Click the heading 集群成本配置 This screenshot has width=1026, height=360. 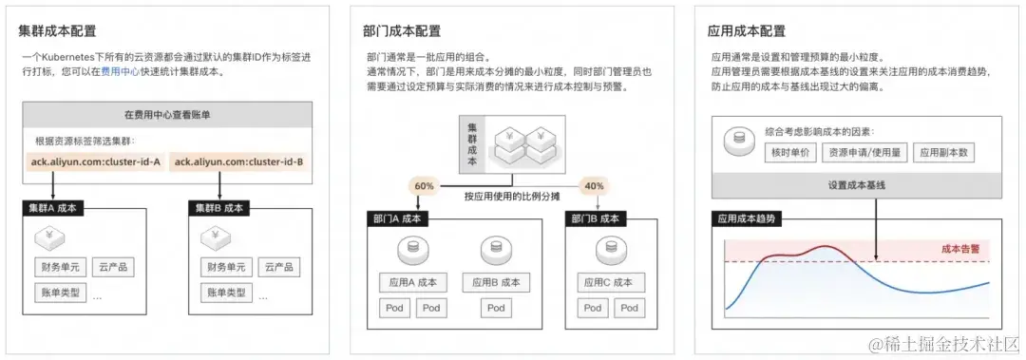pos(57,31)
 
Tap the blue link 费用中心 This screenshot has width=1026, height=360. pos(122,71)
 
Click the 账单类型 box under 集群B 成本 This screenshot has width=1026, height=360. pos(226,292)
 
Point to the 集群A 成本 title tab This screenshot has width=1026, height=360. pos(57,207)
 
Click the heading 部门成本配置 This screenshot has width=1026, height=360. pos(402,31)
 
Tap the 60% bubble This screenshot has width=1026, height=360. pos(425,186)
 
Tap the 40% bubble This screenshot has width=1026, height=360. pos(593,186)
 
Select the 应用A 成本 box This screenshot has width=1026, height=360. pos(413,282)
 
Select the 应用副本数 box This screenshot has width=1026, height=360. pos(944,152)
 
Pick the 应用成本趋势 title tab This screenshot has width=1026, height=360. pos(746,218)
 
